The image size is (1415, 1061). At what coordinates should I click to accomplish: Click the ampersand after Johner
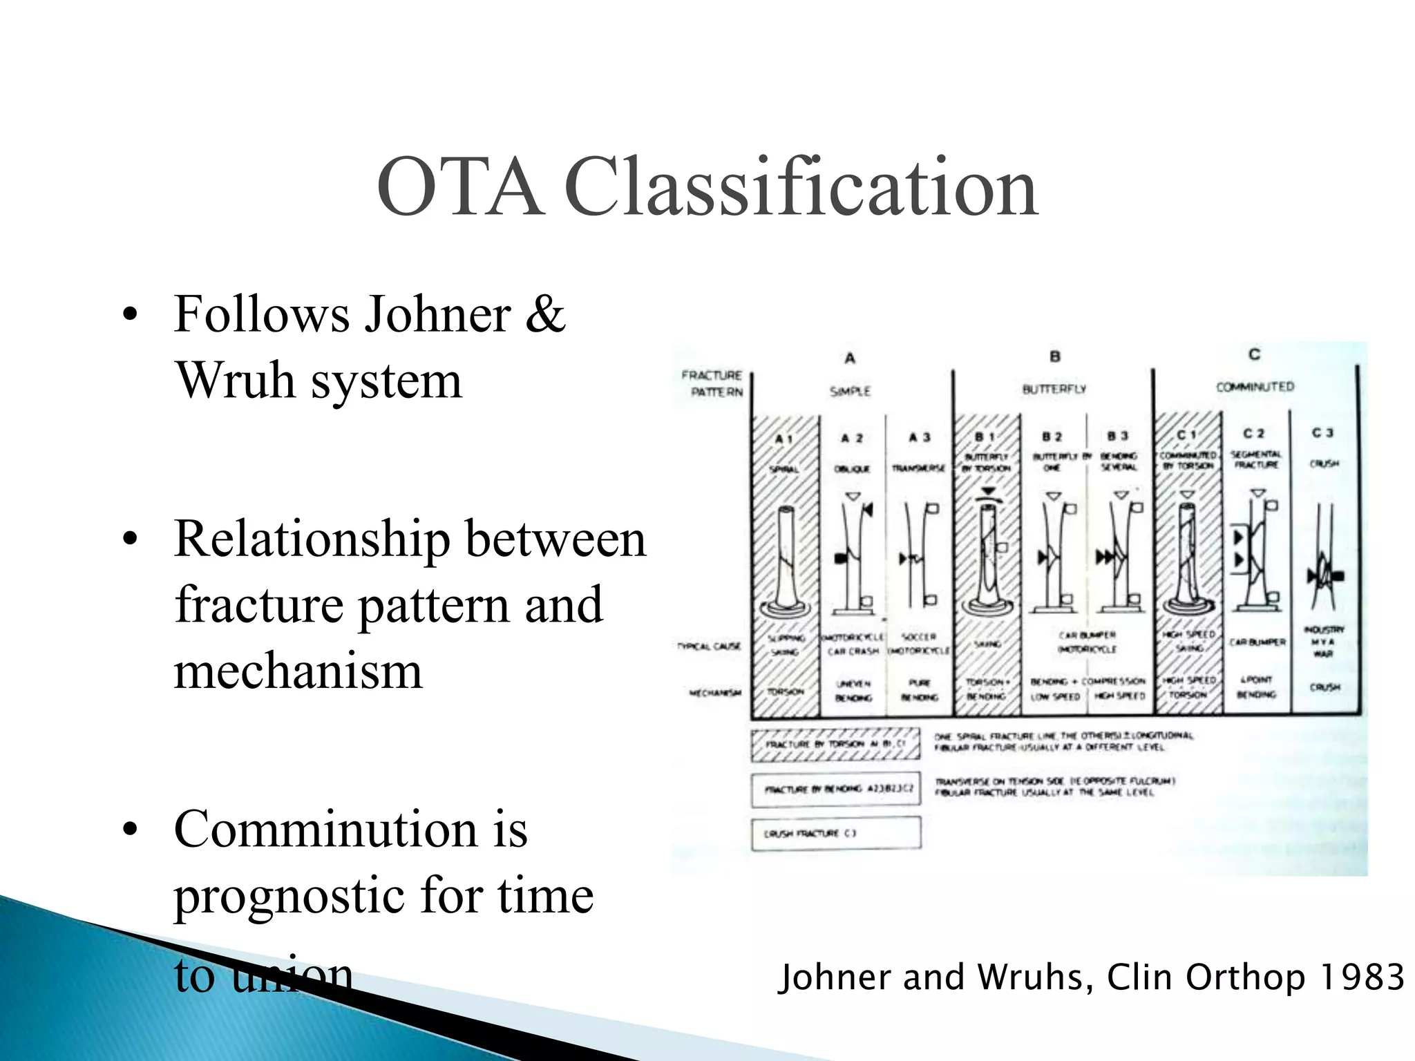pyautogui.click(x=545, y=314)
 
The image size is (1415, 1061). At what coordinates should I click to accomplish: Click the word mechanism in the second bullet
pyautogui.click(x=298, y=671)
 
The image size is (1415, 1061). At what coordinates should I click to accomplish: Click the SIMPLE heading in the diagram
pyautogui.click(x=850, y=392)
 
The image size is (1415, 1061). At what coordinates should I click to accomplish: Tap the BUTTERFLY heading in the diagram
pyautogui.click(x=1054, y=390)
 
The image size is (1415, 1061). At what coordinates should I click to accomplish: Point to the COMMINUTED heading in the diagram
pyautogui.click(x=1255, y=387)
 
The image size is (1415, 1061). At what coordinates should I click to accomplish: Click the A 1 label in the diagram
pyautogui.click(x=784, y=439)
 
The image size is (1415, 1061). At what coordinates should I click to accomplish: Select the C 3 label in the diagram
pyautogui.click(x=1322, y=433)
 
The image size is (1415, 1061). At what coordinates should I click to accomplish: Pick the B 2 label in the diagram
pyautogui.click(x=1052, y=437)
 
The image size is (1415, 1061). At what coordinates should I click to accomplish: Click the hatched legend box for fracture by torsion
pyautogui.click(x=835, y=745)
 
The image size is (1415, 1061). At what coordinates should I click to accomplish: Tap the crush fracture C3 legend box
pyautogui.click(x=835, y=834)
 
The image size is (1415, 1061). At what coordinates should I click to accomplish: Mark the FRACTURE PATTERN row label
pyautogui.click(x=712, y=383)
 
